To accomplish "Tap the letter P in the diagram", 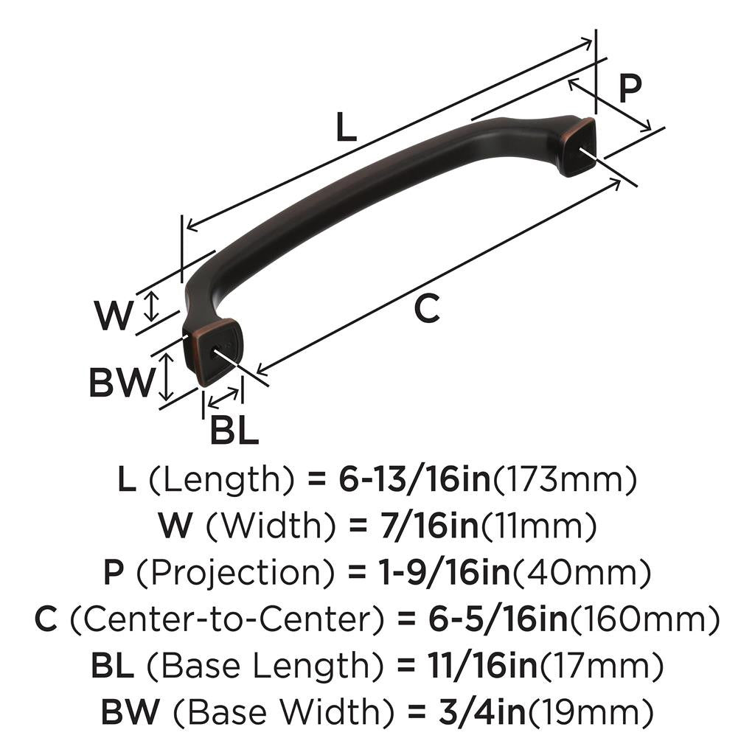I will pos(630,88).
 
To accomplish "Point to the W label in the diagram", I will pos(113,316).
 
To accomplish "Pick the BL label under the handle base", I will pos(234,431).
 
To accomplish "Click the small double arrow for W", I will pos(151,305).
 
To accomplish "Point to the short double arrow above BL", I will pos(223,398).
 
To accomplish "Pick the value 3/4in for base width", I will pos(479,712).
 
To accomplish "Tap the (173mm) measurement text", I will pos(564,481).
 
